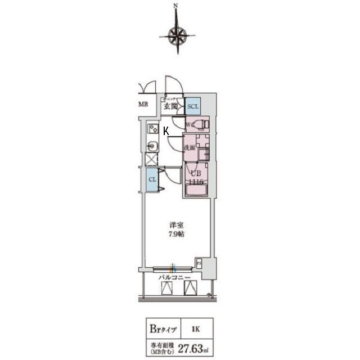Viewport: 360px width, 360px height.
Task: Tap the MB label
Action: [143, 105]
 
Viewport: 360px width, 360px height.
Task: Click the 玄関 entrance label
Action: [170, 105]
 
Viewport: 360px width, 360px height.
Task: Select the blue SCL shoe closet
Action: [193, 105]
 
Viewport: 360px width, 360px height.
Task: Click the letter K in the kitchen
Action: [165, 131]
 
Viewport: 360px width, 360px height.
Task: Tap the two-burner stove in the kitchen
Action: [152, 129]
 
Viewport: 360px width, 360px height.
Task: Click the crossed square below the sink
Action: [152, 160]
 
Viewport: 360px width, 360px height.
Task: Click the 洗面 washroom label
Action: [189, 148]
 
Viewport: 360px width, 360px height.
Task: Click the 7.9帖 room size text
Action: [176, 234]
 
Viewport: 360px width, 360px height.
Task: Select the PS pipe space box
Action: [199, 263]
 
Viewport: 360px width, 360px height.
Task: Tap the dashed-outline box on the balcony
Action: [167, 289]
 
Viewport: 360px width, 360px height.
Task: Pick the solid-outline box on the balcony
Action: [191, 289]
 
